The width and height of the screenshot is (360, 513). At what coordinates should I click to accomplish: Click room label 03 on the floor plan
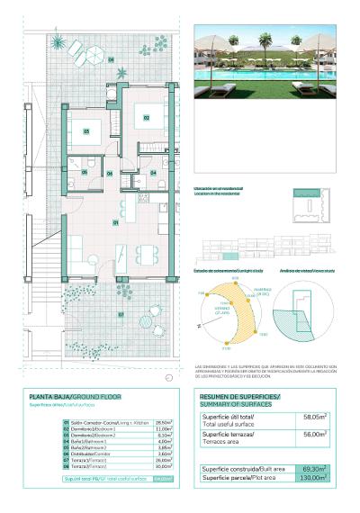pyautogui.click(x=86, y=131)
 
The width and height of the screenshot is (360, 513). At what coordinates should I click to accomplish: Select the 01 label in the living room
pyautogui.click(x=115, y=221)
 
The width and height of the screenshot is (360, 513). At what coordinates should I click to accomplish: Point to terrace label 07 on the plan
pyautogui.click(x=121, y=314)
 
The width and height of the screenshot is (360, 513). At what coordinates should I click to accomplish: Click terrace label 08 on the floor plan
pyautogui.click(x=112, y=60)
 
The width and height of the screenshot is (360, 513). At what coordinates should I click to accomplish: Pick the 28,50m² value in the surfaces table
pyautogui.click(x=164, y=422)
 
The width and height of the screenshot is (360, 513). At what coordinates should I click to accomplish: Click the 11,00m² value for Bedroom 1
pyautogui.click(x=164, y=428)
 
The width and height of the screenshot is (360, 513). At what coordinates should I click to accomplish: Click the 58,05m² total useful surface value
pyautogui.click(x=313, y=417)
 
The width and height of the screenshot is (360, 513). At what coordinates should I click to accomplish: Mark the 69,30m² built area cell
pyautogui.click(x=314, y=469)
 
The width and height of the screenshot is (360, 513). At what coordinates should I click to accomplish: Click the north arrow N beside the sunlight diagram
pyautogui.click(x=198, y=325)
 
